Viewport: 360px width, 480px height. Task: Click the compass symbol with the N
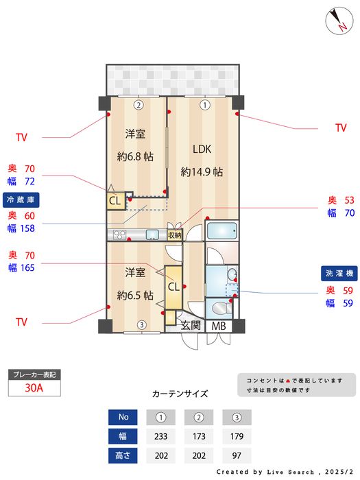[x=339, y=21]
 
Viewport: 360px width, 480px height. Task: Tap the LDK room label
[x=202, y=149]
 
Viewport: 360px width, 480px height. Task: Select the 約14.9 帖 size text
[x=202, y=171]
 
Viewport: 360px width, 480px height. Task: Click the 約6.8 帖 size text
[x=135, y=156]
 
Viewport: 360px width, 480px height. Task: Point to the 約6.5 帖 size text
[x=135, y=295]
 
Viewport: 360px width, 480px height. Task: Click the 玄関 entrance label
[x=191, y=326]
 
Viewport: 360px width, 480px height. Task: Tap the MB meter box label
[x=219, y=326]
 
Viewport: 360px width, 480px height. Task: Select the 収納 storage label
[x=174, y=235]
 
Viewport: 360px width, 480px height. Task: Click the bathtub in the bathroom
[x=222, y=230]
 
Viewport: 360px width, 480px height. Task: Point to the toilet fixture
[x=221, y=309]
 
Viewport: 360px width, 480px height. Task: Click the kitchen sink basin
[x=152, y=235]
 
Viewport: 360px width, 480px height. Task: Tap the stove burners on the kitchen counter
[x=119, y=235]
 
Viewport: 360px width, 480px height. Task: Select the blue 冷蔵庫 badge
[x=21, y=200]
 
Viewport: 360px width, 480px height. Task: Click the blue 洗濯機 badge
[x=339, y=274]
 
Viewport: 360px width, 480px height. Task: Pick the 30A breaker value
[x=34, y=388]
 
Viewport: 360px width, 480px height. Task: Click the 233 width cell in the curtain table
[x=161, y=436]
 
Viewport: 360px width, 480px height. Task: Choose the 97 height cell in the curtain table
[x=237, y=455]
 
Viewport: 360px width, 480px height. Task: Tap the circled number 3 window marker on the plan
[x=141, y=324]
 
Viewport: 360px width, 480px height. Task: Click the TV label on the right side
[x=341, y=128]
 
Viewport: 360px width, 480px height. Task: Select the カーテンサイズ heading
[x=180, y=394]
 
